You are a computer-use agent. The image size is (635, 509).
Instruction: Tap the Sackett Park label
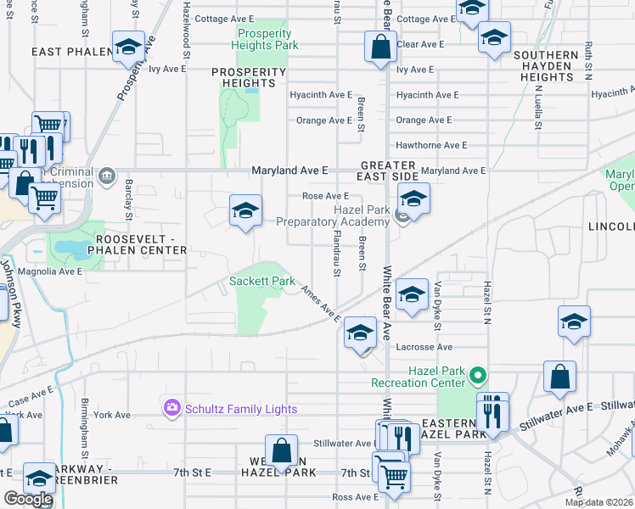pos(261,281)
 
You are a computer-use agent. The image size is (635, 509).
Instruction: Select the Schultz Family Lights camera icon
pos(172,409)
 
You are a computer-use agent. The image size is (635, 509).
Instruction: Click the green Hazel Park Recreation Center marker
pos(479,374)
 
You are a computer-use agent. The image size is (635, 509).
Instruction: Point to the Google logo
pos(28,499)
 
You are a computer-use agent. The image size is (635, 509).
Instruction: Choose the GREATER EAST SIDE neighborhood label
pos(389,171)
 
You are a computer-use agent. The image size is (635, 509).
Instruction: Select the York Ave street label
pos(112,415)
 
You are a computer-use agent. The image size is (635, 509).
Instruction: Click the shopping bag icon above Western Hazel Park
pos(281,450)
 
